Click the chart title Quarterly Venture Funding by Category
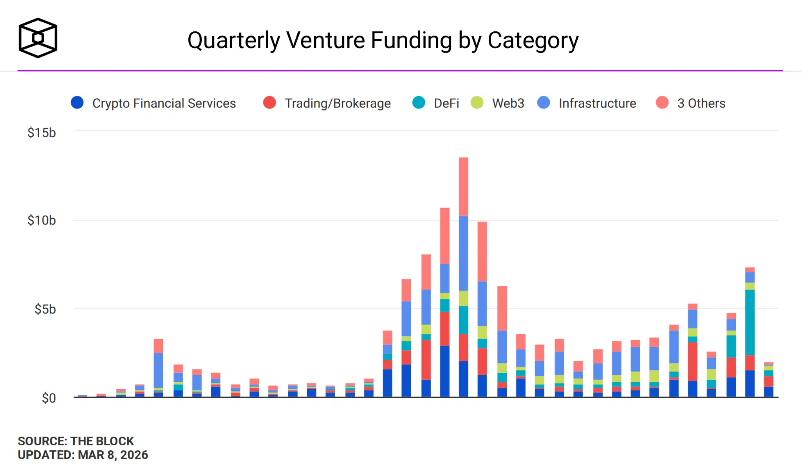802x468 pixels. click(x=383, y=40)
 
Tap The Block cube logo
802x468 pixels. click(x=38, y=38)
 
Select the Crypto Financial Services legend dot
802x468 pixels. click(x=77, y=103)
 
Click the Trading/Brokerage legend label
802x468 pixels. click(x=337, y=103)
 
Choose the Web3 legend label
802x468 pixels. click(x=508, y=103)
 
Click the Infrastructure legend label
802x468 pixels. click(x=597, y=103)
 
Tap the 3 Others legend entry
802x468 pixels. click(x=701, y=103)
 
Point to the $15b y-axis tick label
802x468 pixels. click(x=42, y=133)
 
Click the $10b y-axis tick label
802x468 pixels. click(x=42, y=220)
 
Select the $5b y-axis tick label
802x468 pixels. click(x=45, y=309)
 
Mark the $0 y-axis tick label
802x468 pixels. click(x=49, y=398)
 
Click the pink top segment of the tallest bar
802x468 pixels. click(x=463, y=186)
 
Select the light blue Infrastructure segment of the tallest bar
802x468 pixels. click(x=463, y=253)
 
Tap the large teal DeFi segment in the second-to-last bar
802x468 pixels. click(x=750, y=322)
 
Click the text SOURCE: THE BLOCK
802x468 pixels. click(x=76, y=441)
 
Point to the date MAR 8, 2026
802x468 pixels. click(x=113, y=455)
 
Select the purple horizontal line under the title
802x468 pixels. click(x=399, y=71)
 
